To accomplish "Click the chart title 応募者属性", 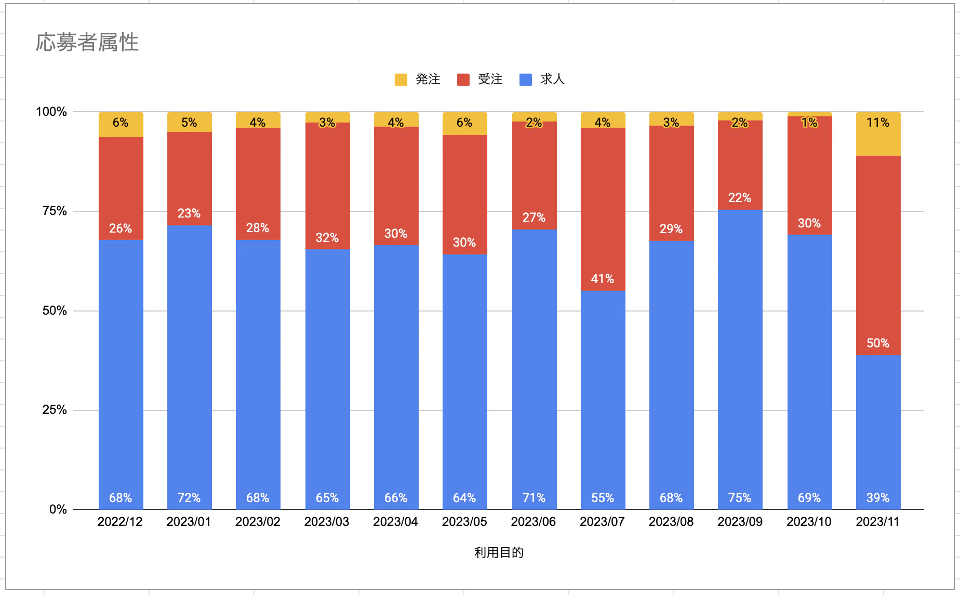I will point(87,43).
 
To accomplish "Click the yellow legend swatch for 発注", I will point(401,79).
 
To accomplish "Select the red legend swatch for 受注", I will point(463,79).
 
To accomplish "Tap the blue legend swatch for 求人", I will point(525,79).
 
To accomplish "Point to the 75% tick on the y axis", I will point(55,211).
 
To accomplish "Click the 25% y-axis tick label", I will point(55,410).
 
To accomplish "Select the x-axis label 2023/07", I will point(602,522).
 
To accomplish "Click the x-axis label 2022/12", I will point(120,522).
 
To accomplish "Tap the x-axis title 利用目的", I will point(499,552).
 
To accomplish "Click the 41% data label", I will point(603,279).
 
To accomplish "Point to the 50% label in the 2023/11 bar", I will point(878,343).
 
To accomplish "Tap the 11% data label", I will point(878,123).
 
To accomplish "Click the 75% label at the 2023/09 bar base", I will point(740,498).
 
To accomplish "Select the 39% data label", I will point(878,498).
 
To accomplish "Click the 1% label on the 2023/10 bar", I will point(809,123).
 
